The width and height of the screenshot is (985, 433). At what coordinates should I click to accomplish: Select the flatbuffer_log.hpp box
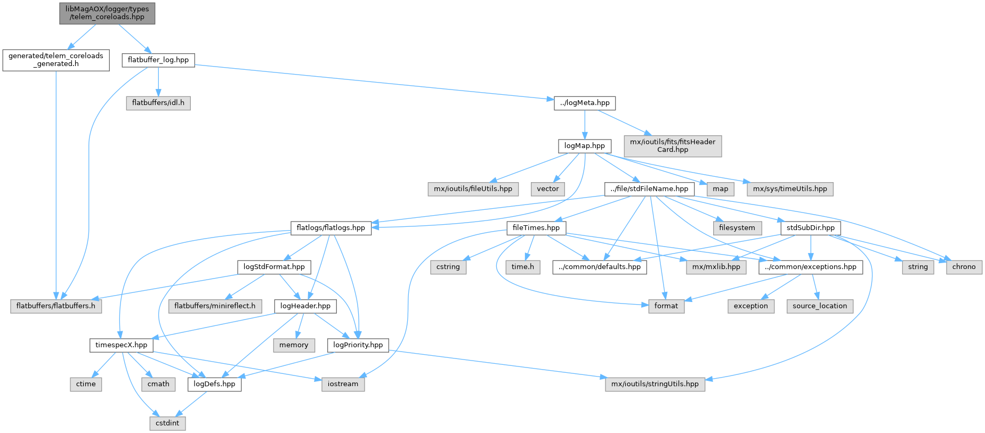coord(158,60)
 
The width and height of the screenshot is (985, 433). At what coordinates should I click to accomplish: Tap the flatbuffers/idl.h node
coord(158,103)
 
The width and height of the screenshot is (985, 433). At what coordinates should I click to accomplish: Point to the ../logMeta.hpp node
coord(585,103)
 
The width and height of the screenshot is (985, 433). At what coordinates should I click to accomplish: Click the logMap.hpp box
coord(585,145)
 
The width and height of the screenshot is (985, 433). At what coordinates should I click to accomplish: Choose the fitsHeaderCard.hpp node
coord(673,145)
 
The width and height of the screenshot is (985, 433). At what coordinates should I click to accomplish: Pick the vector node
coord(548,189)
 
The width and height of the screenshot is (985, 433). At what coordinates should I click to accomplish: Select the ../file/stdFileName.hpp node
coord(649,189)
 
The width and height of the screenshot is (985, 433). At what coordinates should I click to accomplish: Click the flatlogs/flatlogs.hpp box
coord(330,227)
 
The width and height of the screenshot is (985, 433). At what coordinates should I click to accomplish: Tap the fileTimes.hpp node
coord(536,227)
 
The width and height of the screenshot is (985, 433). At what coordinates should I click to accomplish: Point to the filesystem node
coord(737,227)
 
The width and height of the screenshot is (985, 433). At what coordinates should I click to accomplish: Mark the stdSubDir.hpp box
coord(811,227)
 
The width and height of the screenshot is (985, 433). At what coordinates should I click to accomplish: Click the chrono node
coord(964,267)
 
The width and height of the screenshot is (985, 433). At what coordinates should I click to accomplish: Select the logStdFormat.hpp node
coord(274,267)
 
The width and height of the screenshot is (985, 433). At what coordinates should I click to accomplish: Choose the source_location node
coord(819,306)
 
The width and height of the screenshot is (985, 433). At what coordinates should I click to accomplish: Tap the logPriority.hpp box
coord(358,345)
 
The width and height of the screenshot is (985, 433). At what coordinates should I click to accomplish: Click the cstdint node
coord(167,423)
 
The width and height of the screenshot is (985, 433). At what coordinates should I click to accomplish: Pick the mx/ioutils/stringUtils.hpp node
coord(655,384)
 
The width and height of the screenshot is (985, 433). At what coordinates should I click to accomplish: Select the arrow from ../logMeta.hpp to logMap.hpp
coord(585,124)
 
